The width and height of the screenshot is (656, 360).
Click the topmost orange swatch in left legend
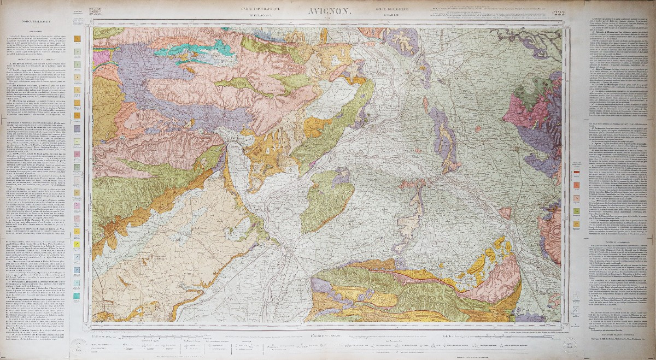coord(78,39)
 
